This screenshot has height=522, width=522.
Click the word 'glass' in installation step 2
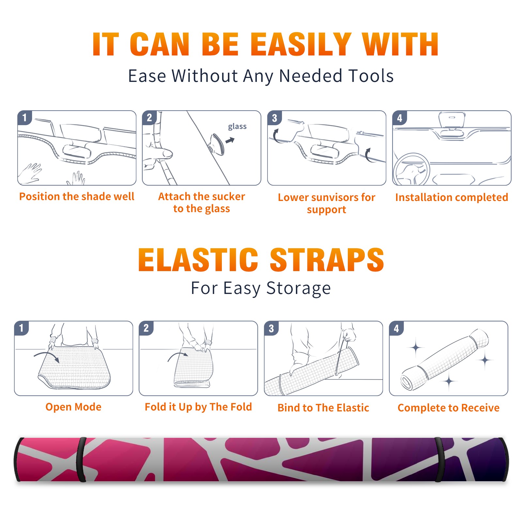point(237,127)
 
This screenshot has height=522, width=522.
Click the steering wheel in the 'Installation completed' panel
point(412,170)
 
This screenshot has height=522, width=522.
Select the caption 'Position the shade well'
point(77,196)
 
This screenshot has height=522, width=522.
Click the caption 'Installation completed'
point(452,197)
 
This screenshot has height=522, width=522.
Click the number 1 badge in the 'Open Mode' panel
point(22,328)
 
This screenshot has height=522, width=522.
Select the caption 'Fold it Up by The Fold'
point(198,407)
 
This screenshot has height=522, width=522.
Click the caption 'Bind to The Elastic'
point(323,408)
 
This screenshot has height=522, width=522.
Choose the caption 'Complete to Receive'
point(449,408)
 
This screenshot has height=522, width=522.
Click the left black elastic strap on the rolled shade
point(81,459)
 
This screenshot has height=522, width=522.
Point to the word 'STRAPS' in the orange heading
point(327,260)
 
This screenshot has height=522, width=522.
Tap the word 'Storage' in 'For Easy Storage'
point(299,288)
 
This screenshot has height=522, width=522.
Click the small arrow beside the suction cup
point(230,140)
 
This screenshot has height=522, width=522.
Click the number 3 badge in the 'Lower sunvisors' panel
point(274,118)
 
